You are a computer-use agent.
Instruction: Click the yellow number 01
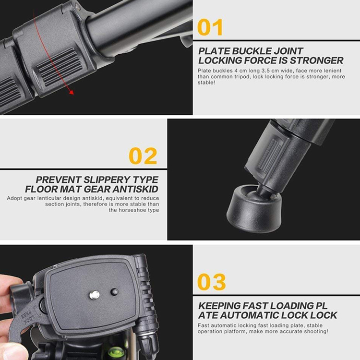pos(210,27)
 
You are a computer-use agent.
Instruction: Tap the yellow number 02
pos(143,156)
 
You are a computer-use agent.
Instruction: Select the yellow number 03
pos(212,282)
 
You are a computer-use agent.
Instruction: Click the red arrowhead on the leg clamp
pos(72,92)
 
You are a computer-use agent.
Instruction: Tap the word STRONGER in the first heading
pos(317,60)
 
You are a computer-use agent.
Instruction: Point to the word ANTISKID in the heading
pos(135,189)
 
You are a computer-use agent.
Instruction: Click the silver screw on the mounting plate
pos(95,295)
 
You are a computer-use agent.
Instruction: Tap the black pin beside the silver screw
pos(115,292)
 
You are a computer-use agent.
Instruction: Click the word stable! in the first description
pos(206,83)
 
